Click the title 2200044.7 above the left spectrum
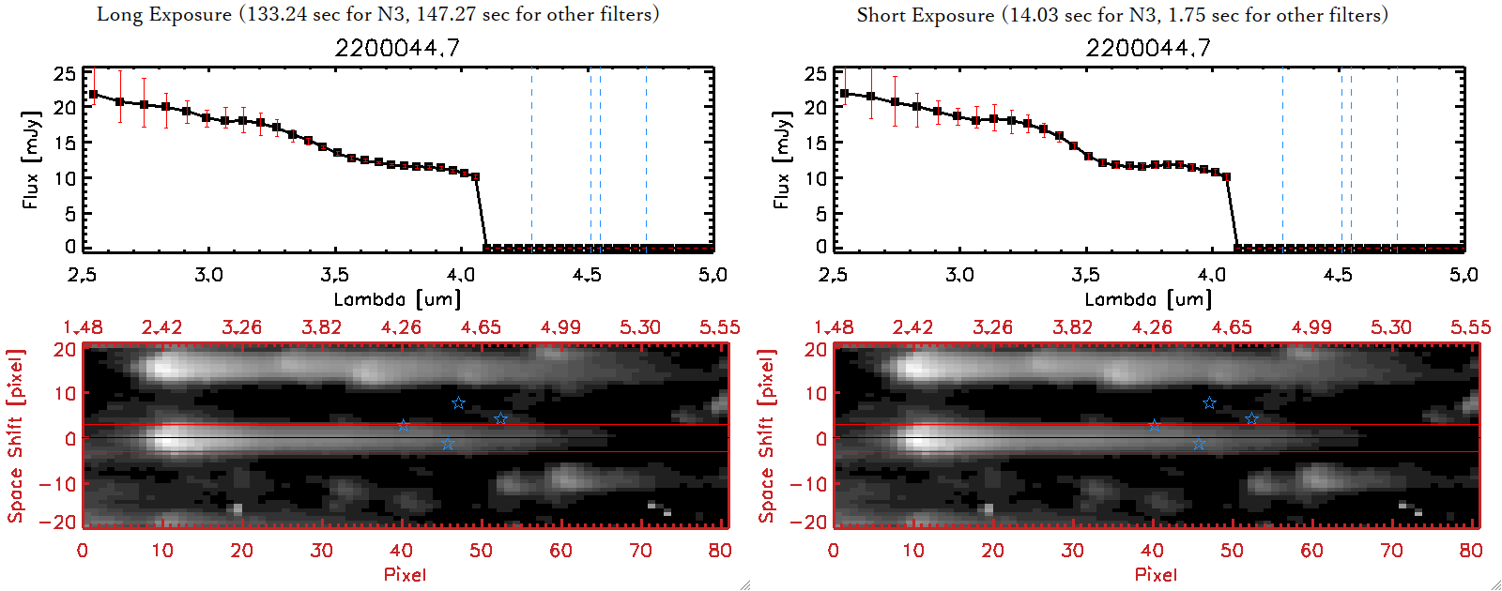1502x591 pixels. click(397, 48)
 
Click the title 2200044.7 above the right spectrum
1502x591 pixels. click(1148, 48)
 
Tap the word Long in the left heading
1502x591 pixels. click(117, 14)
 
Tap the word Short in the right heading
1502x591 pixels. click(881, 15)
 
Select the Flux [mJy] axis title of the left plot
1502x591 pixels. click(31, 159)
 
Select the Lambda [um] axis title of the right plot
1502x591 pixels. click(1148, 299)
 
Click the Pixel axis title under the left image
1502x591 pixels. click(405, 574)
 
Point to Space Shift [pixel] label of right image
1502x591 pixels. click(767, 436)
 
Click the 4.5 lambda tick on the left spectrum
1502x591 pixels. click(587, 275)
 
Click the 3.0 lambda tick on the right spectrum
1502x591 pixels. click(959, 275)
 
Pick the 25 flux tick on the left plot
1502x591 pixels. click(65, 73)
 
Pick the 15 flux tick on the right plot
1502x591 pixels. click(816, 143)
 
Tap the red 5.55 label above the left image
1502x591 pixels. click(719, 327)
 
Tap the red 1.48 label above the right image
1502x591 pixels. click(834, 327)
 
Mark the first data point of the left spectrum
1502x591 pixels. click(93, 94)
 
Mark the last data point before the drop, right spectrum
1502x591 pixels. click(1226, 176)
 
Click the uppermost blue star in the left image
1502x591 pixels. click(458, 403)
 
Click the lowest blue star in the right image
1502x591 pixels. click(1199, 444)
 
